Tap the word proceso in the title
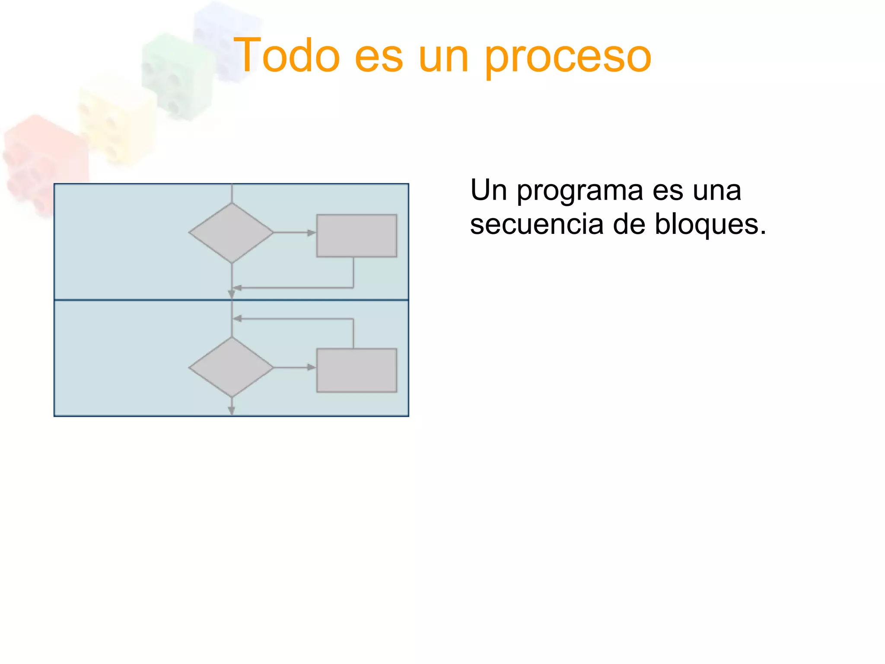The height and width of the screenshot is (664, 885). click(x=568, y=58)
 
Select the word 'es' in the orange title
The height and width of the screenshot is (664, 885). click(x=379, y=58)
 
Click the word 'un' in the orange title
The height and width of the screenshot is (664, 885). click(x=443, y=58)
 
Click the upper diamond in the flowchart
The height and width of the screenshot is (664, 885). click(x=232, y=233)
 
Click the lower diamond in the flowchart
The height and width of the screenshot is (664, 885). click(x=232, y=367)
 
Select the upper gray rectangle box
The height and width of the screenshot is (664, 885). click(x=357, y=236)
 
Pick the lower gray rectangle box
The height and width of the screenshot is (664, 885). click(x=357, y=370)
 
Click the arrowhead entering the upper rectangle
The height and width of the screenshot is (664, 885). click(x=312, y=233)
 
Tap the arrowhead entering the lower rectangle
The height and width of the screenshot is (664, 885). click(x=312, y=367)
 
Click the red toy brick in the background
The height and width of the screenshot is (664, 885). click(x=43, y=160)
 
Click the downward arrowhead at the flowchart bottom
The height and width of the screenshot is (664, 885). click(x=232, y=410)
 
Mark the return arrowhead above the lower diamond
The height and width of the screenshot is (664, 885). click(x=237, y=319)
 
